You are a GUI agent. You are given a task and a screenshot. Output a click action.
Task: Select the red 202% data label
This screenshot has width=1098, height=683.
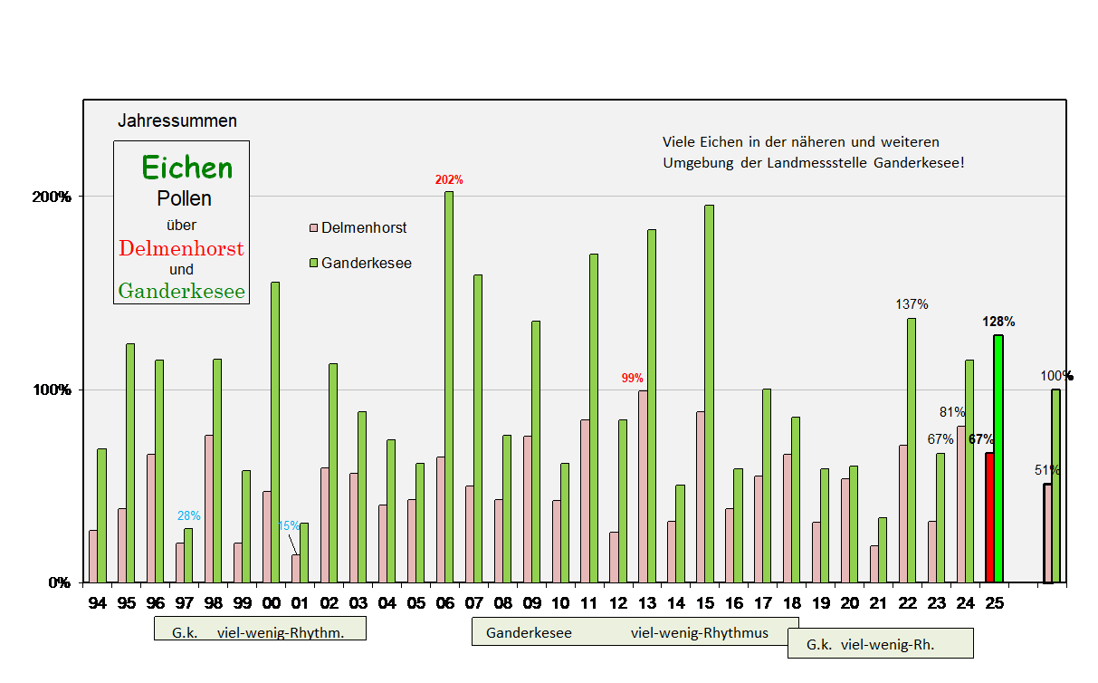449,180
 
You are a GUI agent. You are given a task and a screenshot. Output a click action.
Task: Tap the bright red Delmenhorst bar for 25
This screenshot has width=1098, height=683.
989,517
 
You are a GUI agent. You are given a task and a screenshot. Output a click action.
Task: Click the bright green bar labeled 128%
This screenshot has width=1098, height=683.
998,458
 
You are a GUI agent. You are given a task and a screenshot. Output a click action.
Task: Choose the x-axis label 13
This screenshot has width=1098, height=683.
647,603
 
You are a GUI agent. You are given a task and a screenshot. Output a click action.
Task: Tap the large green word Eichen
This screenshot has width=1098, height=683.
186,168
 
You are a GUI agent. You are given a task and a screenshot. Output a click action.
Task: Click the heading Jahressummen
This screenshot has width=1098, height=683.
177,120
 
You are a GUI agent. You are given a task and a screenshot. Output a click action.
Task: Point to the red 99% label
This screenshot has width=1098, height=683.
632,378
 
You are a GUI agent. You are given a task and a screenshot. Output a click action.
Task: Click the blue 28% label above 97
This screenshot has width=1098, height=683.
188,515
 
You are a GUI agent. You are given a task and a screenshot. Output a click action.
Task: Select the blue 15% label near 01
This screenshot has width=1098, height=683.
288,525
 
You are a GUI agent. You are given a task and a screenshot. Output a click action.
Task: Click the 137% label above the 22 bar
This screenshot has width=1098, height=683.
911,304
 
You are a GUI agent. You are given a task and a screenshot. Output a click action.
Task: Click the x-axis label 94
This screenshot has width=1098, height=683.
98,603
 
